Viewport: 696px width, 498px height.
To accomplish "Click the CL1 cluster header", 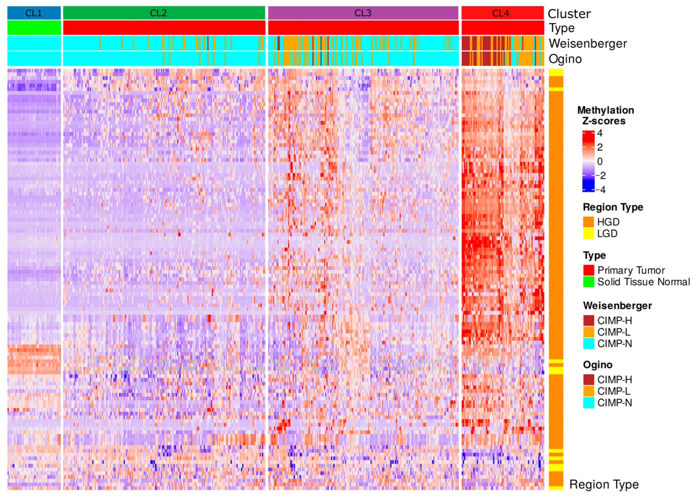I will click(34, 13).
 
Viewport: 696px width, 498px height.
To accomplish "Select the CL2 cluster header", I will click(158, 13).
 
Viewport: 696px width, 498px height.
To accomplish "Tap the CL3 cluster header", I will click(363, 13).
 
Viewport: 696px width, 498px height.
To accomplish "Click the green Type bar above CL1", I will click(34, 28).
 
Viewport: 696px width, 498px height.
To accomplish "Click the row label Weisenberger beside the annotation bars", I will click(588, 44).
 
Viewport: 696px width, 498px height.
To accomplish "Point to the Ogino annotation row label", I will click(565, 59).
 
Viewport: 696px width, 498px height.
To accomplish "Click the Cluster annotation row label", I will click(569, 14).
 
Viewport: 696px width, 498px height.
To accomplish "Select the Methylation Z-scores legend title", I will click(606, 115).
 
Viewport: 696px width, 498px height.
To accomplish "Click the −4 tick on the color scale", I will click(601, 190).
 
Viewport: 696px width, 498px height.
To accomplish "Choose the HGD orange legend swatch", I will click(588, 222).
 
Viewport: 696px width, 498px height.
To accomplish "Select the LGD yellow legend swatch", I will click(588, 234).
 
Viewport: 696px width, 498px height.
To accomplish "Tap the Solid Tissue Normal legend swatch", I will click(589, 282).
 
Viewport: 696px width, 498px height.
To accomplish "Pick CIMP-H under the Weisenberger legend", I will click(614, 320).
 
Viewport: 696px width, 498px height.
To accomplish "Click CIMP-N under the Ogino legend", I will click(614, 403).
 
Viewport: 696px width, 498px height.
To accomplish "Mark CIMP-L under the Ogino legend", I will click(614, 391).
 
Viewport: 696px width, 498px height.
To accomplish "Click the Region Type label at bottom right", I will click(604, 485).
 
